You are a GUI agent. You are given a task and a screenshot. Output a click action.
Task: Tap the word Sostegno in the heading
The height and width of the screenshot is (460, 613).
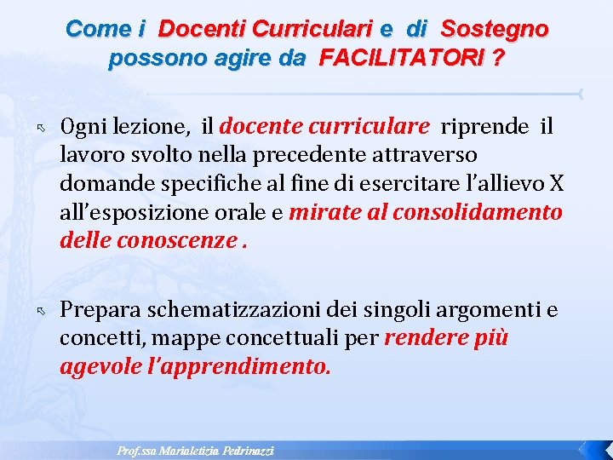click(495, 29)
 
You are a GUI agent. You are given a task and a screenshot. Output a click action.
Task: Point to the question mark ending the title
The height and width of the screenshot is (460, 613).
click(498, 60)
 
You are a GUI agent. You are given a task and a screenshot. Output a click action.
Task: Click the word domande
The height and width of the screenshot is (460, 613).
click(98, 183)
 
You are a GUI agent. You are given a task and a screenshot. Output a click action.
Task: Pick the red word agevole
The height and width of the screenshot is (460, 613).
click(100, 366)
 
